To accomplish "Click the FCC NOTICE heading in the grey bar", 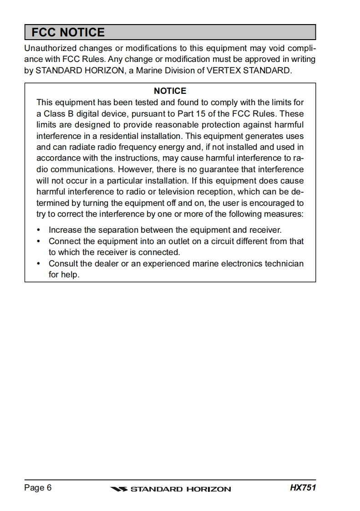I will pos(68,32).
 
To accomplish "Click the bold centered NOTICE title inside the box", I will pos(170,91).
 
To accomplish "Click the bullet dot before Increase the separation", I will pos(38,230).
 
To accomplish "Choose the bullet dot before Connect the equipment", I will pos(38,241).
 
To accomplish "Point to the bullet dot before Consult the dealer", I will pos(38,264).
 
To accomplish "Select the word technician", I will pos(283,264).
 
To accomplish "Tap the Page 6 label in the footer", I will pos(38,488).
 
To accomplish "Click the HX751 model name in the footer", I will pos(303,488).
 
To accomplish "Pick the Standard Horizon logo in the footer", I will pos(171,489).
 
